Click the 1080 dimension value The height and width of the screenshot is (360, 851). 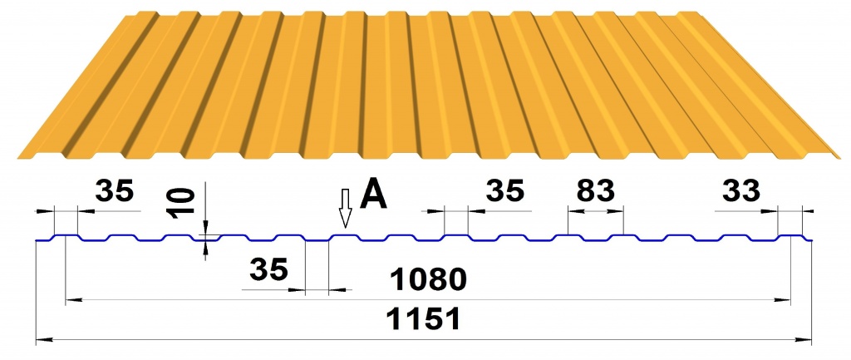429,279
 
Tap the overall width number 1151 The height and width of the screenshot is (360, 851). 423,319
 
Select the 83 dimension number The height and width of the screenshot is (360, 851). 595,190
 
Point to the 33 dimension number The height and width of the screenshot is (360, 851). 741,190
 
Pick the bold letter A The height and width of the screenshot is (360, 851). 374,194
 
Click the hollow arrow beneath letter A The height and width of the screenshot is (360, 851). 345,209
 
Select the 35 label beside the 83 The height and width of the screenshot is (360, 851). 505,190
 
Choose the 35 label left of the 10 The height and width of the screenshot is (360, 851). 114,190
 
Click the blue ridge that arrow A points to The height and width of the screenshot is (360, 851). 345,235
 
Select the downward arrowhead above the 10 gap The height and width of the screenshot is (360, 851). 205,227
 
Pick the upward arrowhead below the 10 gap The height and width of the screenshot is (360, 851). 205,247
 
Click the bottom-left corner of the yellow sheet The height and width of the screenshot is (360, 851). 18,159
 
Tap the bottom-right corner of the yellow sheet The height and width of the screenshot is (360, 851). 841,159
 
